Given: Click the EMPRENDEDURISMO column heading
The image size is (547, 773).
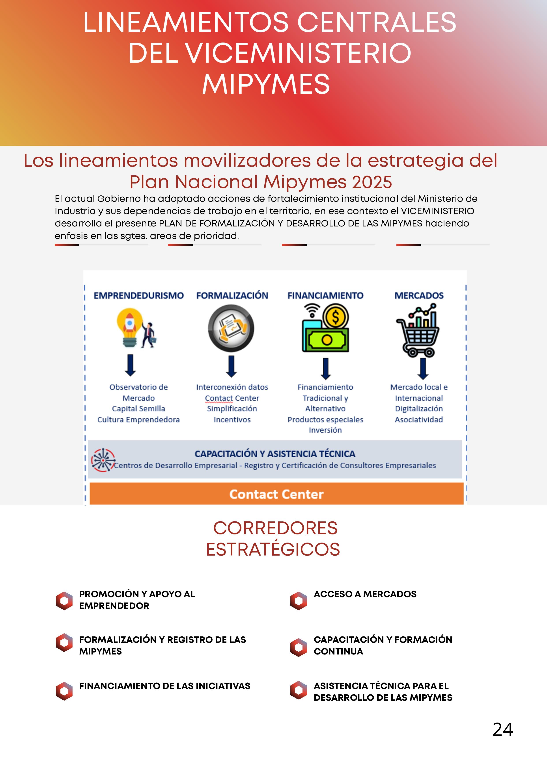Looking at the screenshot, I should tap(138, 296).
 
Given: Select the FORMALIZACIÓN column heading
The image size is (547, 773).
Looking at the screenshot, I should tap(232, 296).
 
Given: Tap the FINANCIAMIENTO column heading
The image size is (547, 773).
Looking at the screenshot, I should tap(325, 296).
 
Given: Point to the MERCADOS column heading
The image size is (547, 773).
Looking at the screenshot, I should tap(419, 296).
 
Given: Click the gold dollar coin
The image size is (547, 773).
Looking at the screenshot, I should tap(335, 317).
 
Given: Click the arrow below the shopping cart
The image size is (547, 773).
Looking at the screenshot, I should tap(423, 368).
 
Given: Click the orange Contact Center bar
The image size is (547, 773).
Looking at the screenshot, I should tap(276, 494).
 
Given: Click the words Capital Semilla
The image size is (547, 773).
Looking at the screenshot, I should tap(138, 409).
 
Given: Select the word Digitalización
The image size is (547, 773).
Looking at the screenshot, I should tap(419, 409).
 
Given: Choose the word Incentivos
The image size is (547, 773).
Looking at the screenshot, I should tap(232, 419).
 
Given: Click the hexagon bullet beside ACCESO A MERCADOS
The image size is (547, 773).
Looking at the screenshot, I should tap(299, 601).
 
